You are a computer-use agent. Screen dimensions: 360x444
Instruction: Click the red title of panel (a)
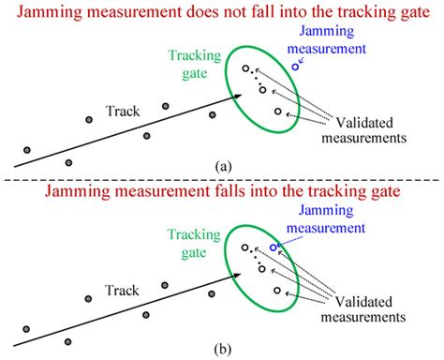coord(222,12)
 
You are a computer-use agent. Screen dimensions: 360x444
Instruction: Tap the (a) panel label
coord(223,165)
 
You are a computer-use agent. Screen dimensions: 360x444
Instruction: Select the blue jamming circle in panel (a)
coord(296,66)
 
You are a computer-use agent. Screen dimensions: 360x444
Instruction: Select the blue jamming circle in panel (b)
coord(274,248)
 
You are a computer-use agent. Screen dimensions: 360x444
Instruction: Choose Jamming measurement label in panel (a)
coord(326,41)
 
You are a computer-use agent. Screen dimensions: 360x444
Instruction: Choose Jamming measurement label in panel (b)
coord(326,222)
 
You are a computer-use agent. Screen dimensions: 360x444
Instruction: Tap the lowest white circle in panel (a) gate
coord(278,112)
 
